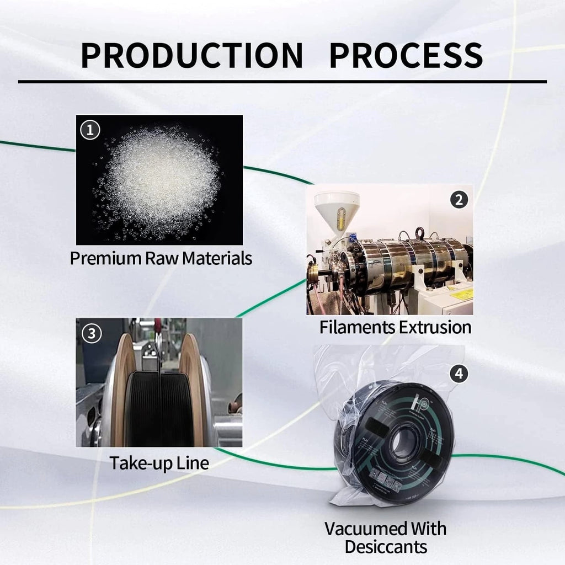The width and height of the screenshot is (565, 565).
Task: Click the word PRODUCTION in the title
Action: pos(191,55)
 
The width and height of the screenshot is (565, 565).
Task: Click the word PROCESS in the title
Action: pos(406,55)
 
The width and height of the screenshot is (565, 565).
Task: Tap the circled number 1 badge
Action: pos(90,130)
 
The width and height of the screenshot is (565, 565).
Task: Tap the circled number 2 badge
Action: pos(459,200)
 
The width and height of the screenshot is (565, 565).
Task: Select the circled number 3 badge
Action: pos(92,333)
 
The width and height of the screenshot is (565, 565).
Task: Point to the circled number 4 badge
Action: pos(459,374)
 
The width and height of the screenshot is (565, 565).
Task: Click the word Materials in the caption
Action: pos(217,258)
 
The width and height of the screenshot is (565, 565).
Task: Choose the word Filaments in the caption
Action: pos(357,327)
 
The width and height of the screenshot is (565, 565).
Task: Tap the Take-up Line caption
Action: pos(159,463)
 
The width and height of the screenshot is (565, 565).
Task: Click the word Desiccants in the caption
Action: pos(386,547)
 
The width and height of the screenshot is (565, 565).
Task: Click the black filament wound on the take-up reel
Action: pos(159,409)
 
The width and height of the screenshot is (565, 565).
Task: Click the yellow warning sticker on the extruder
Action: pos(461,295)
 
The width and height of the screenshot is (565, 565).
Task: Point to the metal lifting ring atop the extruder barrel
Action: pos(419,232)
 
